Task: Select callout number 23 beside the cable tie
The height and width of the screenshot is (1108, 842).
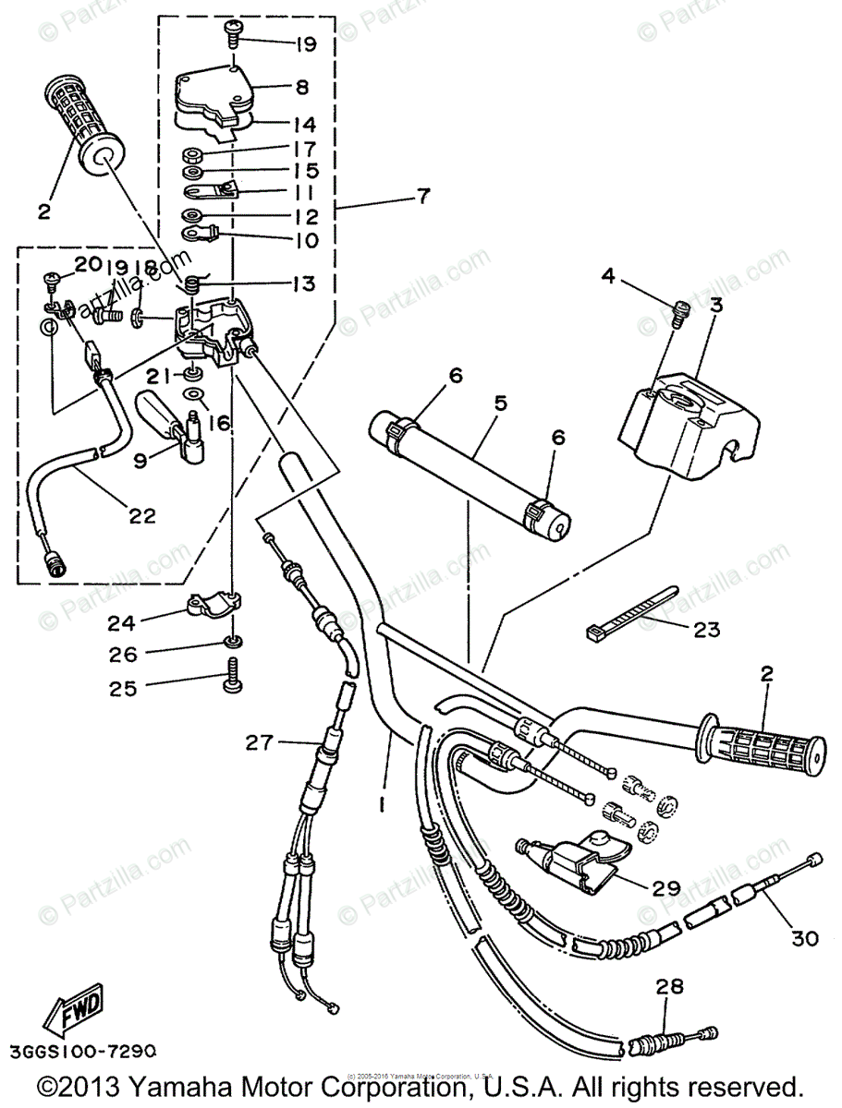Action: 707,632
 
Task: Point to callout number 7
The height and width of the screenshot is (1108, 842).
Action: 423,197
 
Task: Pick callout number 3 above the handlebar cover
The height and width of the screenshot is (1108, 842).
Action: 716,306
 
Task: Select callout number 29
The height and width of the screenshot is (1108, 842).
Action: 665,888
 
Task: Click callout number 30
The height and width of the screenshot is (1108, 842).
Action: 805,938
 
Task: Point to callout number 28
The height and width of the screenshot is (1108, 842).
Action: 670,987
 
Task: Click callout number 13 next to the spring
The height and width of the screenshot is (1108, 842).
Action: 305,283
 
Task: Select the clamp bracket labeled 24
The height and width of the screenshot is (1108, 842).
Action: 214,606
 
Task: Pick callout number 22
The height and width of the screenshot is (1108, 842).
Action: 141,516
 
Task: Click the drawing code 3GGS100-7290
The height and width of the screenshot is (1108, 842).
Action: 83,1052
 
